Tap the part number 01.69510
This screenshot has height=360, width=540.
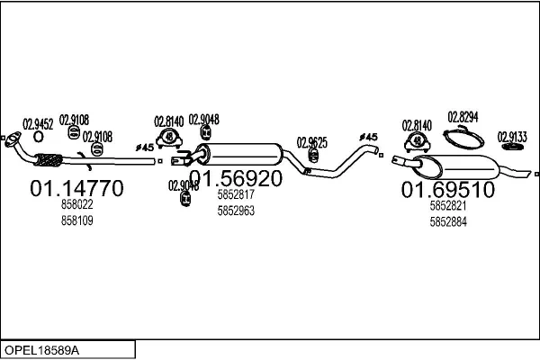click(447, 190)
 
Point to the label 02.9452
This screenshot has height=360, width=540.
click(38, 125)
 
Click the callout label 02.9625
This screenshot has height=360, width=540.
click(311, 142)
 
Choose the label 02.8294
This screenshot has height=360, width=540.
click(462, 118)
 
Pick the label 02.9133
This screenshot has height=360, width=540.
click(512, 137)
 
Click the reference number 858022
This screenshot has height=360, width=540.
click(76, 205)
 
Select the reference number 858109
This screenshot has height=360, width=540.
click(76, 220)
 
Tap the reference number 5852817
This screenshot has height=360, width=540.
click(236, 193)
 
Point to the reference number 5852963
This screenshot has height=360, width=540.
click(236, 211)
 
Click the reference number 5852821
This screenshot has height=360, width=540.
click(447, 206)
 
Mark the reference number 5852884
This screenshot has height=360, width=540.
click(447, 222)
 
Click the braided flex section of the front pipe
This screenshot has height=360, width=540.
click(47, 162)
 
